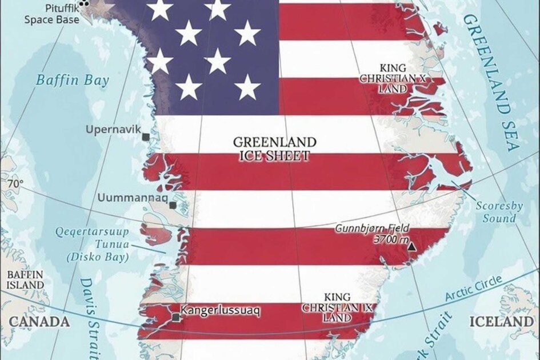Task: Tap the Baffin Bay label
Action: (73, 80)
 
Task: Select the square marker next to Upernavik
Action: (146, 137)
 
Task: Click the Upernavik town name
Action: (113, 130)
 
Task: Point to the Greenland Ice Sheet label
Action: (275, 149)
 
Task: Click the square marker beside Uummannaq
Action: (173, 205)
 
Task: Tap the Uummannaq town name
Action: (133, 198)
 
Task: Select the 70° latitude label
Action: (15, 184)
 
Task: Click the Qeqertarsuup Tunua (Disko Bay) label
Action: (97, 244)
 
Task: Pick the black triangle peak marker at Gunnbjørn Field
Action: (411, 247)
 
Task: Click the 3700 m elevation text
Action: (391, 240)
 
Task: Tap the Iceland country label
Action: (501, 322)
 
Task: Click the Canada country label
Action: (39, 322)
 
